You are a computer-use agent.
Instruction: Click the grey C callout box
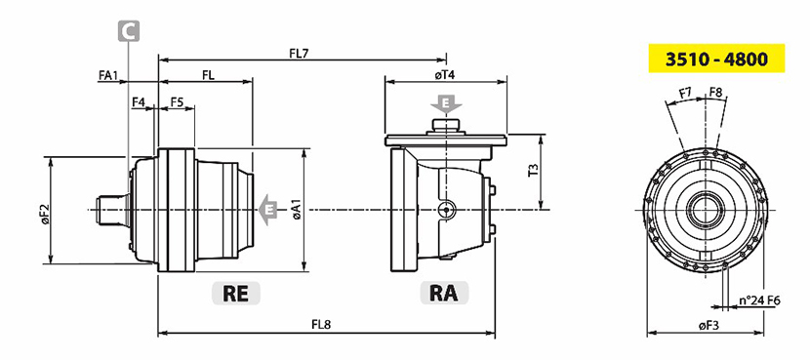[128, 31]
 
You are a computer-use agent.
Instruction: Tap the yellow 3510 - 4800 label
[716, 59]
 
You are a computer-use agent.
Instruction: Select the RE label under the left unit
[236, 294]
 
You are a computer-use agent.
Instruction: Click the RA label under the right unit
[444, 294]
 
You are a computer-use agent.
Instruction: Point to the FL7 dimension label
[299, 53]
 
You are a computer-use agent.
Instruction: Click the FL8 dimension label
[321, 325]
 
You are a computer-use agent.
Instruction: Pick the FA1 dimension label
[108, 75]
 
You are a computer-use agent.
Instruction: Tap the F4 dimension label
[139, 102]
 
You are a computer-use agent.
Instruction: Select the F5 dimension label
[177, 102]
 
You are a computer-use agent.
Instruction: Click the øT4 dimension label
[445, 75]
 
